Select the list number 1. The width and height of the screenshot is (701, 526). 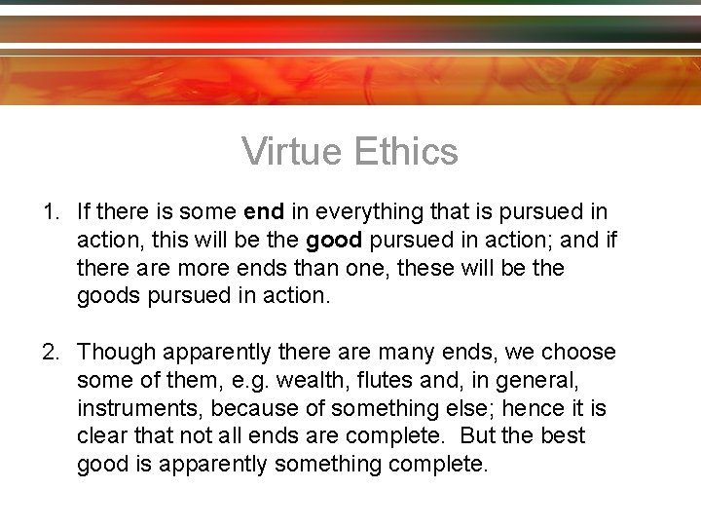[49, 210]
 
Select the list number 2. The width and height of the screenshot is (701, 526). [49, 351]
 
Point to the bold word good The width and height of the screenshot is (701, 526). [335, 239]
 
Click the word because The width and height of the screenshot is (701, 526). [250, 407]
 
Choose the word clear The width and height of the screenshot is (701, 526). [100, 435]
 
